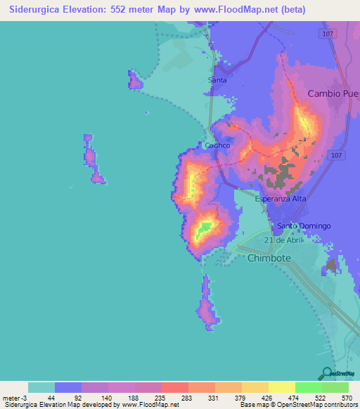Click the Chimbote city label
click(x=269, y=258)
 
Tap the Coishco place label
click(x=217, y=145)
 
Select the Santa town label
click(x=217, y=81)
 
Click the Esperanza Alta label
click(x=279, y=199)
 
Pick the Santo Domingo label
click(x=303, y=226)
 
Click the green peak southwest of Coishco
click(x=205, y=228)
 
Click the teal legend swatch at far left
click(x=41, y=387)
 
